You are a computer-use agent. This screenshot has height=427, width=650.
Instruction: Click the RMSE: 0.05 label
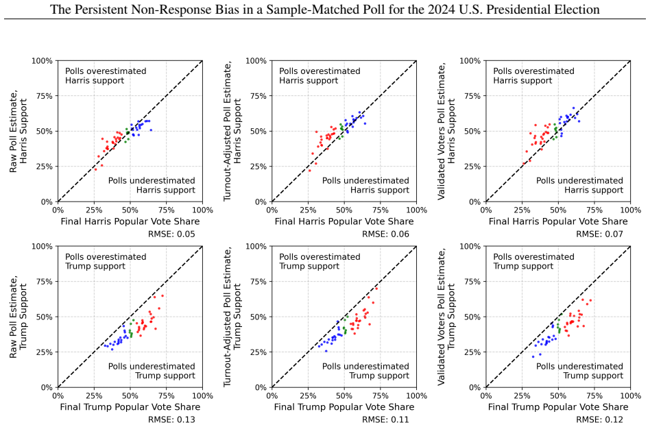(171, 234)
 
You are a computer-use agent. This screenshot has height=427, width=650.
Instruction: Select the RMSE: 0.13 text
(171, 419)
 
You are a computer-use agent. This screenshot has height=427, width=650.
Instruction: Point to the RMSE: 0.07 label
(599, 234)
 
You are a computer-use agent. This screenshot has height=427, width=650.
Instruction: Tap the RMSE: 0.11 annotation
(385, 419)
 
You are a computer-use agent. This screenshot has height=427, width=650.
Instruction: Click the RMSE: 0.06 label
(385, 234)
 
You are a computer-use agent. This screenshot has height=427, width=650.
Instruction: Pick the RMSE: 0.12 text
(599, 419)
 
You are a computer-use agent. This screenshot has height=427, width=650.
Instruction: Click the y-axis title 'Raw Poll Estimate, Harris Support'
(19, 132)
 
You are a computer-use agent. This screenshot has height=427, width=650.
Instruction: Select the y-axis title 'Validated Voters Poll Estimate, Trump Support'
(446, 317)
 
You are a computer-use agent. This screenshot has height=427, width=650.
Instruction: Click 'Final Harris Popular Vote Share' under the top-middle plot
(344, 222)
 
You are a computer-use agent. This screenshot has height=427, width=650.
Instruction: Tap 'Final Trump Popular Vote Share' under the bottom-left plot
(130, 407)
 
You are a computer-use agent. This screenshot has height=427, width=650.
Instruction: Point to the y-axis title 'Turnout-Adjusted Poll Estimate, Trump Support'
(232, 317)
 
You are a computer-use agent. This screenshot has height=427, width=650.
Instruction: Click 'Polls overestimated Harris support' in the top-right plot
(533, 76)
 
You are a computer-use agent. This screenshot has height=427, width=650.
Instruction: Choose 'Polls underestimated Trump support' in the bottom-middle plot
(365, 371)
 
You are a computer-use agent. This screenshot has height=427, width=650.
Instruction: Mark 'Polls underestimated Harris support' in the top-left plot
(152, 185)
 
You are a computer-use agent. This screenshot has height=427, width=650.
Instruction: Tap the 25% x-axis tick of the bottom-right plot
(522, 396)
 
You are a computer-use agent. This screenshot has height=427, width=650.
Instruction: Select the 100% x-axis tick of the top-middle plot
(416, 210)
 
